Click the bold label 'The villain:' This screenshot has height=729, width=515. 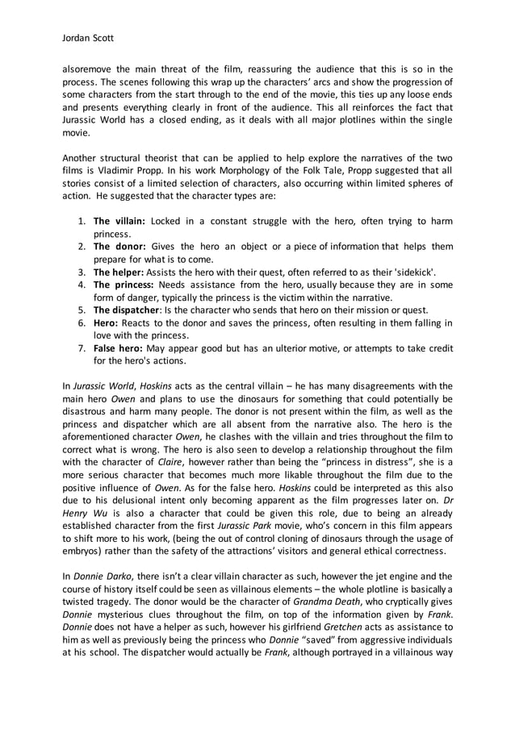pos(119,221)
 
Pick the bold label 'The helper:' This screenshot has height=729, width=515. pos(119,273)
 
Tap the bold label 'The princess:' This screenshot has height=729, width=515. pos(123,285)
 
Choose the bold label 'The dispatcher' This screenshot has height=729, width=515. pos(126,311)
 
